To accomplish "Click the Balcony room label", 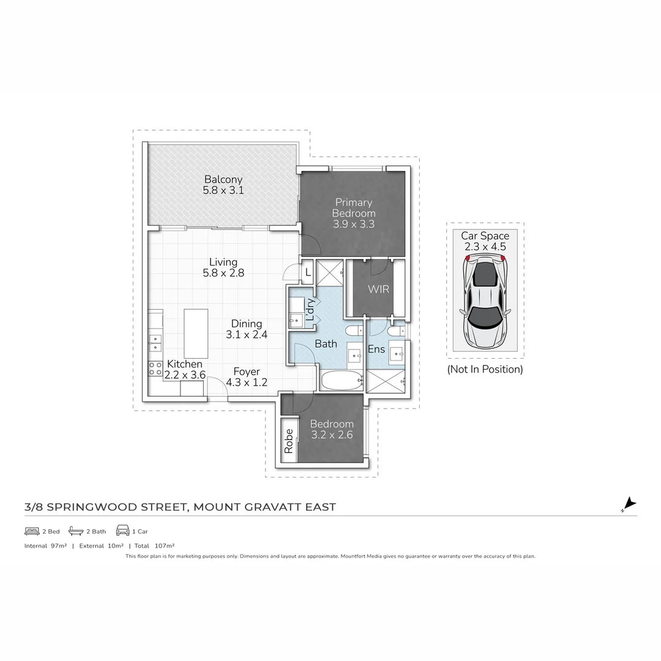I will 223,179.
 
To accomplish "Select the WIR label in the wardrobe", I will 378,289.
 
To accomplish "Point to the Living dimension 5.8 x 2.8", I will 223,273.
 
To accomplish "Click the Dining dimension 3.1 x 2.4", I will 246,335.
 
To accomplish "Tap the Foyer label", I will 246,372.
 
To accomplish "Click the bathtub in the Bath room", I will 342,381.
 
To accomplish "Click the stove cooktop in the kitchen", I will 155,368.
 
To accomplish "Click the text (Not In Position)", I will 485,369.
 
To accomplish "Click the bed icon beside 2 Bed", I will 32,531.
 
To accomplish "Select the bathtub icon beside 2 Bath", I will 76,531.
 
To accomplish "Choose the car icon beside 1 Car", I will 122,531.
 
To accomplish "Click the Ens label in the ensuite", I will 376,349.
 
